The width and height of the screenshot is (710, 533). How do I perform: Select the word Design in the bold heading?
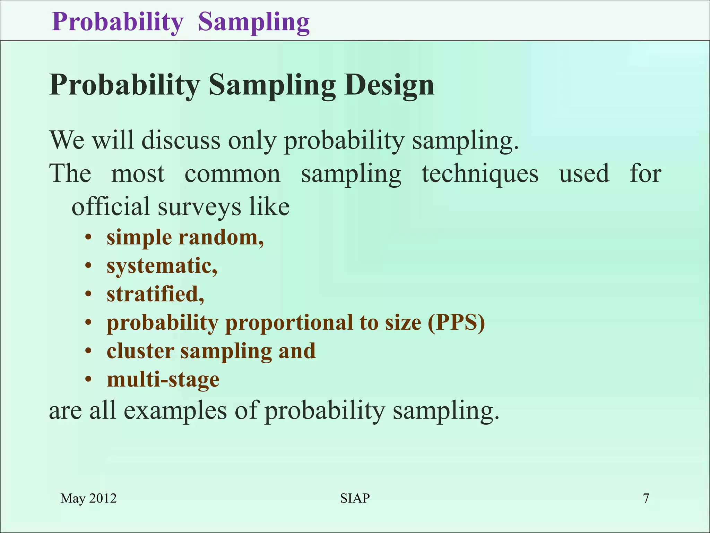pyautogui.click(x=389, y=85)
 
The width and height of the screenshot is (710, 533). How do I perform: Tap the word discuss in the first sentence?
pyautogui.click(x=181, y=141)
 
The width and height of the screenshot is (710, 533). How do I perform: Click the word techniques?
pyautogui.click(x=480, y=174)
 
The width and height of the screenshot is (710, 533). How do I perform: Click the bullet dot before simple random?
pyautogui.click(x=89, y=238)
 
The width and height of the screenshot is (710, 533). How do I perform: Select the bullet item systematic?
pyautogui.click(x=162, y=266)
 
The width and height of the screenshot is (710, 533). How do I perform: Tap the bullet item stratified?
pyautogui.click(x=155, y=295)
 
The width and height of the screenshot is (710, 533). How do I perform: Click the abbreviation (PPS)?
pyautogui.click(x=456, y=323)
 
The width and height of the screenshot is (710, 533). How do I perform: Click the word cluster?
pyautogui.click(x=140, y=351)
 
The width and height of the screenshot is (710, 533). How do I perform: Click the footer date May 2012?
pyautogui.click(x=88, y=498)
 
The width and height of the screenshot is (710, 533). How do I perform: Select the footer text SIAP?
pyautogui.click(x=355, y=498)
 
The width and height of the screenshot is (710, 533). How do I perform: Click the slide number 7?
pyautogui.click(x=646, y=498)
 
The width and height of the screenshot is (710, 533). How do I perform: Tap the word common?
pyautogui.click(x=232, y=174)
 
